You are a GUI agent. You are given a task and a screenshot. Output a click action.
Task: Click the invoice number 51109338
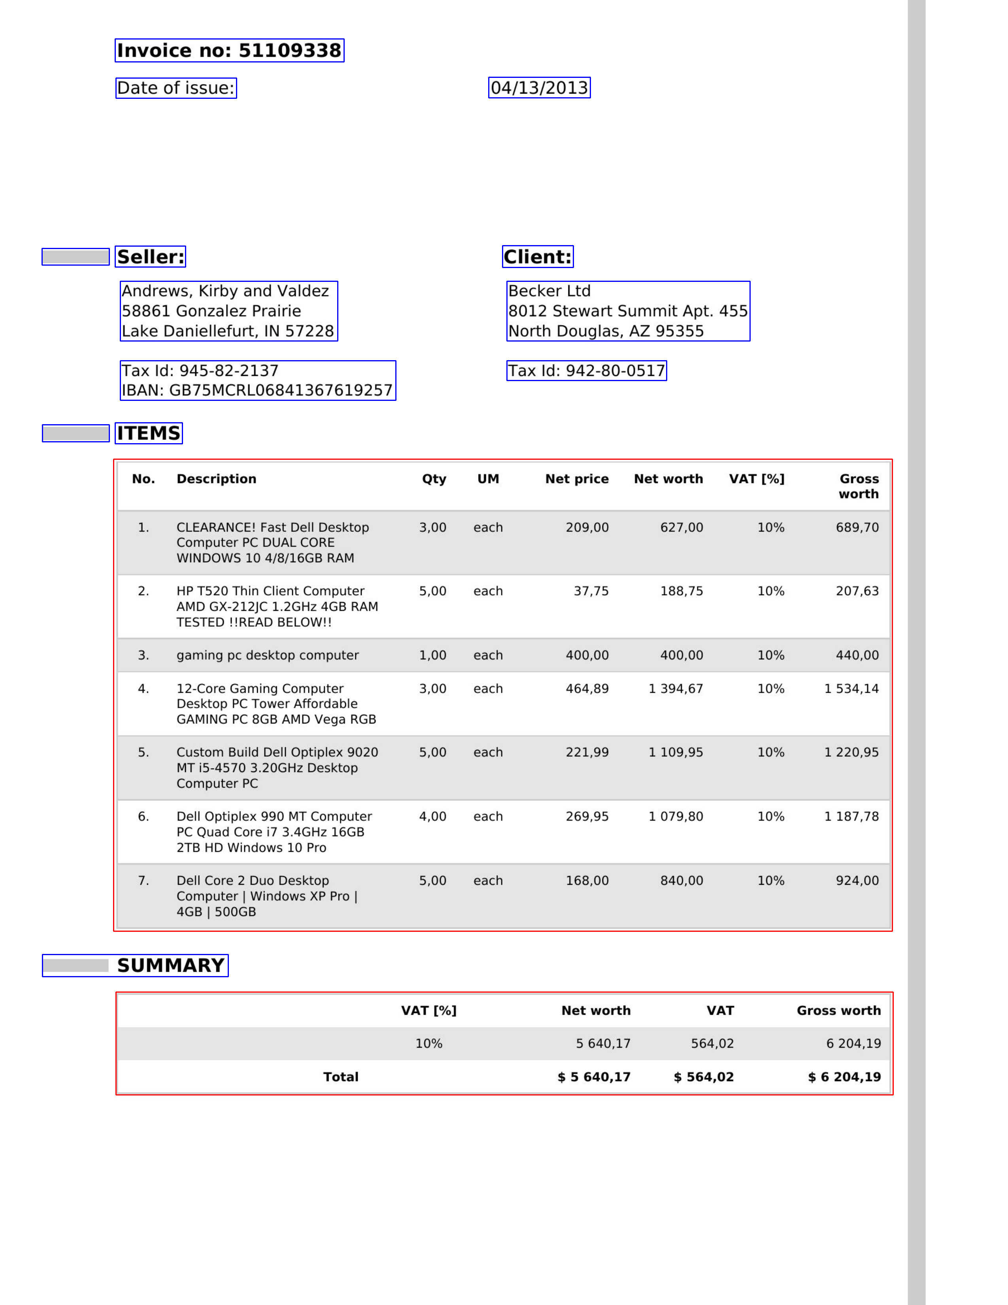pyautogui.click(x=289, y=51)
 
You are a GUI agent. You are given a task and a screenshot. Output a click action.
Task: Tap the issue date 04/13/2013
pyautogui.click(x=539, y=88)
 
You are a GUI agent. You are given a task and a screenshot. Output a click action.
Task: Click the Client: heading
pyautogui.click(x=537, y=257)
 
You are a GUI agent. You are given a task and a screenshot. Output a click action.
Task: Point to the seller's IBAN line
pyautogui.click(x=257, y=390)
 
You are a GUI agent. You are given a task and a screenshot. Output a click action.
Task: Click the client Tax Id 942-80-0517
pyautogui.click(x=586, y=371)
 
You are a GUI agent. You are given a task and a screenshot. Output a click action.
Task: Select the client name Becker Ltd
pyautogui.click(x=549, y=291)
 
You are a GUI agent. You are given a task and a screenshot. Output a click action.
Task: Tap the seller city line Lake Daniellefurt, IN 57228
pyautogui.click(x=228, y=331)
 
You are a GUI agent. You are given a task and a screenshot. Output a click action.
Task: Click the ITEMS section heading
pyautogui.click(x=148, y=433)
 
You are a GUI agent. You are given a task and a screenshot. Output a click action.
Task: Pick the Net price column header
pyautogui.click(x=577, y=479)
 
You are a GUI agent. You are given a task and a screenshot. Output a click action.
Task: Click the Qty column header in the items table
pyautogui.click(x=434, y=479)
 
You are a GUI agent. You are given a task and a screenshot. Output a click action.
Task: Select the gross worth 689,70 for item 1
pyautogui.click(x=857, y=528)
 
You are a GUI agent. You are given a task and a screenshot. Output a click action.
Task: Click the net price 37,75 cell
pyautogui.click(x=591, y=591)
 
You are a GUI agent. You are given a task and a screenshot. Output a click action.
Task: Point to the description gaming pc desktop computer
pyautogui.click(x=267, y=655)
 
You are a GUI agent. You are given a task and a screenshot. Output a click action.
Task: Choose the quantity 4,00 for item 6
pyautogui.click(x=432, y=816)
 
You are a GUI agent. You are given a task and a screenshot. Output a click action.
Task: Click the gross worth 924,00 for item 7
pyautogui.click(x=857, y=881)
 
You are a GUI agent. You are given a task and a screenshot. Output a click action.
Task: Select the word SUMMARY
pyautogui.click(x=171, y=965)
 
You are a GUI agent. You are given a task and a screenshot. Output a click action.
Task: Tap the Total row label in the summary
pyautogui.click(x=341, y=1077)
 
